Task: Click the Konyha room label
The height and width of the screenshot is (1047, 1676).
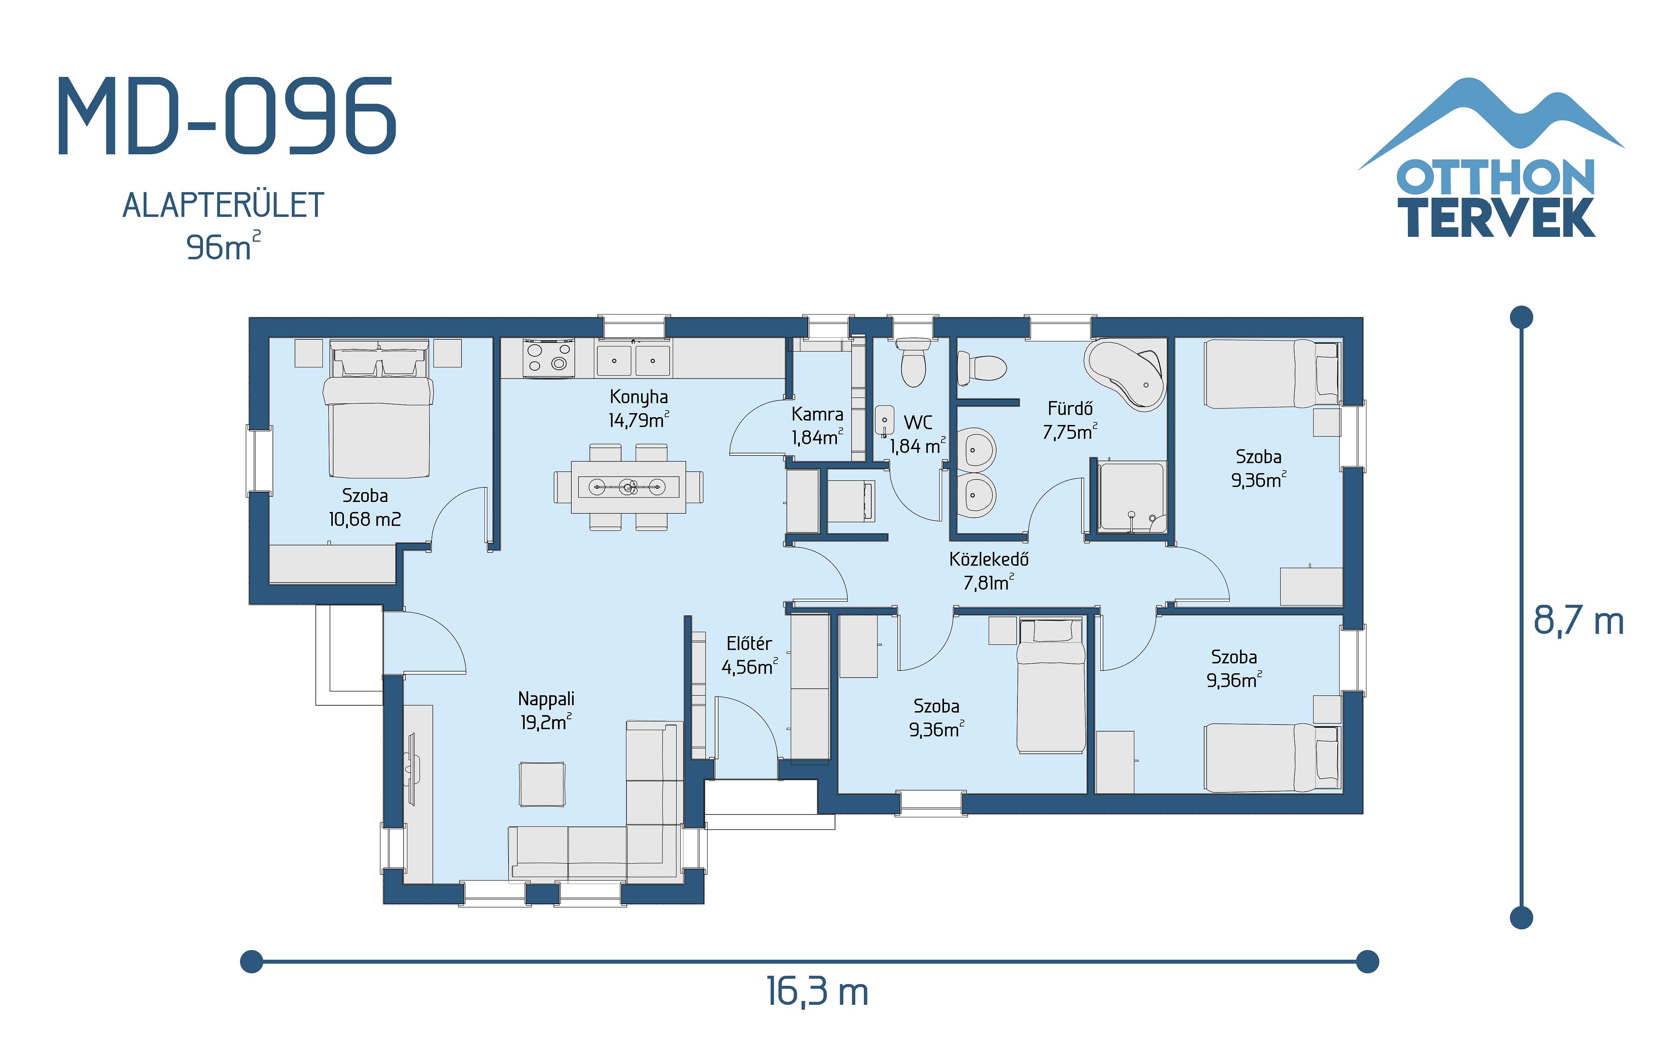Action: (x=638, y=408)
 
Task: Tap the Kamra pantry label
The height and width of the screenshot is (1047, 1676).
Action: (x=817, y=425)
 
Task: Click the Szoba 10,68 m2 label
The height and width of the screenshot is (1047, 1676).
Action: (x=365, y=507)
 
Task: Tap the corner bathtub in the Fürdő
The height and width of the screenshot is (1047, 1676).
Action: (x=1125, y=375)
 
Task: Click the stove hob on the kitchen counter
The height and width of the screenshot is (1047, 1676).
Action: (x=548, y=357)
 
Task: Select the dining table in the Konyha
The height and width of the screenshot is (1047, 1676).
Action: (x=628, y=487)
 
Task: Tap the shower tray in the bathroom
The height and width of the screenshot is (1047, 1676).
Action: (x=1131, y=497)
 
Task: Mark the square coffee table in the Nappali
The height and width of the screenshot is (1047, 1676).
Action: (x=542, y=784)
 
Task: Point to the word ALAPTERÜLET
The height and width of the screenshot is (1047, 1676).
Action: (x=223, y=206)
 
